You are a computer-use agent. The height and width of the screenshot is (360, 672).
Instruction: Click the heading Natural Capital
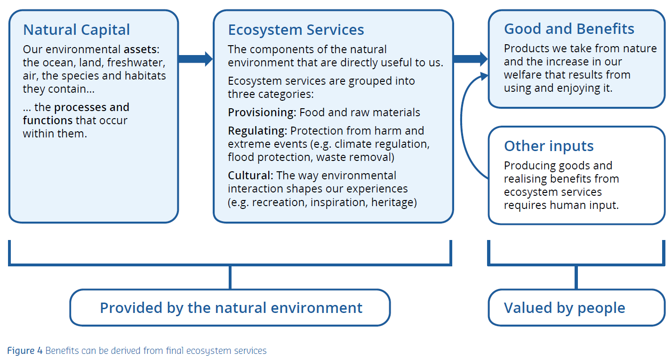pyautogui.click(x=76, y=30)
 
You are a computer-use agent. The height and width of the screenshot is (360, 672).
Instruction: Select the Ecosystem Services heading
pyautogui.click(x=296, y=30)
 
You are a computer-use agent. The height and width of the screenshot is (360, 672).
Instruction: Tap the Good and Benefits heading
pyautogui.click(x=569, y=29)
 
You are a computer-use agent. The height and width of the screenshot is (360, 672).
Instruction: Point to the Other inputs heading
pyautogui.click(x=549, y=146)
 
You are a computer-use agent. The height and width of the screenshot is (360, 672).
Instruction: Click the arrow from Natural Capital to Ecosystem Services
pyautogui.click(x=195, y=59)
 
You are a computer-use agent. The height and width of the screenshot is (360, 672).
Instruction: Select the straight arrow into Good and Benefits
pyautogui.click(x=470, y=59)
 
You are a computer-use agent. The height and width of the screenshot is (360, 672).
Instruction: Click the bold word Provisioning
pyautogui.click(x=262, y=112)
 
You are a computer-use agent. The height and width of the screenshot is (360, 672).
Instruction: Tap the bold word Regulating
pyautogui.click(x=257, y=130)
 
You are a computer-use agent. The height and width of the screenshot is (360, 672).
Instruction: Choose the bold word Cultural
pyautogui.click(x=250, y=176)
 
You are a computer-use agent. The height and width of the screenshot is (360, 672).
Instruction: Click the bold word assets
pyautogui.click(x=141, y=49)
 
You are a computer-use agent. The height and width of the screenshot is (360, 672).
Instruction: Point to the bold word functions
pyautogui.click(x=48, y=120)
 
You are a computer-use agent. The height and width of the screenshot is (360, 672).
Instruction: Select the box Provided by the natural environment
pyautogui.click(x=231, y=308)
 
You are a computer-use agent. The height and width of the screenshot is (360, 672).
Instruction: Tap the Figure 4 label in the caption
pyautogui.click(x=24, y=351)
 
